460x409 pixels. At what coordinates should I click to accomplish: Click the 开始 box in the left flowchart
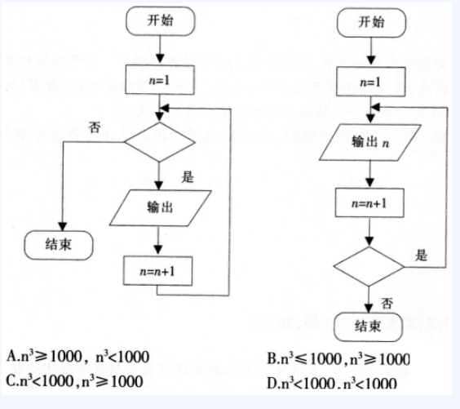(x=161, y=21)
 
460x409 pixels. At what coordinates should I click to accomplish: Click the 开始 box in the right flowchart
(x=371, y=23)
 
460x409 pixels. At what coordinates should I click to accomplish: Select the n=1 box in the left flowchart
(x=160, y=80)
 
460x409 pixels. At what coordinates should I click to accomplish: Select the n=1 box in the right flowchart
(x=371, y=82)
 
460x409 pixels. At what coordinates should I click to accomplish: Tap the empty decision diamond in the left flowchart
(x=160, y=142)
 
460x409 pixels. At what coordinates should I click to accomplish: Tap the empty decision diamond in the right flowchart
(x=369, y=266)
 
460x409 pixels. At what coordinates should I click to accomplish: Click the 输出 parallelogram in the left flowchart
(x=160, y=208)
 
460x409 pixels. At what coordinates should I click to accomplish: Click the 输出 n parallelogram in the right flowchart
(x=370, y=142)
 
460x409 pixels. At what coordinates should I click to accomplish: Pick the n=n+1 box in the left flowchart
(x=158, y=271)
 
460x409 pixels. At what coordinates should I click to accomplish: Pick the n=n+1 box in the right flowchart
(x=369, y=203)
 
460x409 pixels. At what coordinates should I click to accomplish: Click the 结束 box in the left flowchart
(x=59, y=245)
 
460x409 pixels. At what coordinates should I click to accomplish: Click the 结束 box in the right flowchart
(x=368, y=327)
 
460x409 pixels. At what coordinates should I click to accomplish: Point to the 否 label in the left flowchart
(x=95, y=127)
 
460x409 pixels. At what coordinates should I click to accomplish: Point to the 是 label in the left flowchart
(x=188, y=177)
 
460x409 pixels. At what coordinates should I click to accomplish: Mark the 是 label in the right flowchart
(x=421, y=255)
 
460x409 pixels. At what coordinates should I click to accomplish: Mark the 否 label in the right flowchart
(x=387, y=303)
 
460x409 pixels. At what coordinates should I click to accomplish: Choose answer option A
(x=77, y=357)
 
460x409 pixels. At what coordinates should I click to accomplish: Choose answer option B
(x=338, y=358)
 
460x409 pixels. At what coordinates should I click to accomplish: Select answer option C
(x=74, y=380)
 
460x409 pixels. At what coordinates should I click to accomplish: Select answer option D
(x=332, y=383)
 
